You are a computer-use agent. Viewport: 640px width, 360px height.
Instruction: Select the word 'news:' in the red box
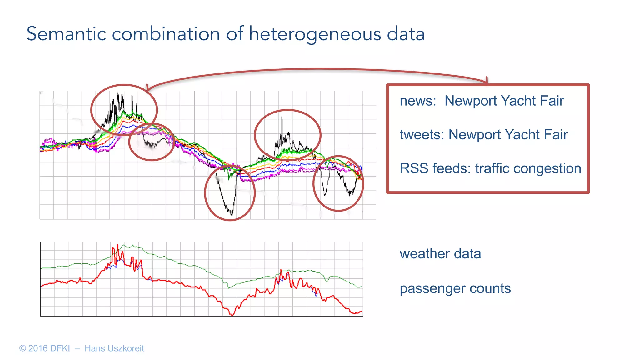click(418, 101)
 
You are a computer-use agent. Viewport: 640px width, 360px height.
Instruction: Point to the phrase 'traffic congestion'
click(528, 168)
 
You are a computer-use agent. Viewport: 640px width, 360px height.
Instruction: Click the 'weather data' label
click(440, 254)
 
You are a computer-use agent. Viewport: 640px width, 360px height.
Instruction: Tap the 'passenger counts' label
click(455, 288)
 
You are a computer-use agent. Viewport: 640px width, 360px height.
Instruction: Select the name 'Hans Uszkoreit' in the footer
click(114, 348)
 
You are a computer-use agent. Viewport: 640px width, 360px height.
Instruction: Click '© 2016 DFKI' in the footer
click(44, 348)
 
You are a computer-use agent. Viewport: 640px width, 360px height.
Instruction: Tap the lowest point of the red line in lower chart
click(232, 315)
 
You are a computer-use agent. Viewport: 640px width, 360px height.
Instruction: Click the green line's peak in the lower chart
click(124, 245)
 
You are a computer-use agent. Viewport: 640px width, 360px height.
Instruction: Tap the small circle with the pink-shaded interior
click(152, 142)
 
